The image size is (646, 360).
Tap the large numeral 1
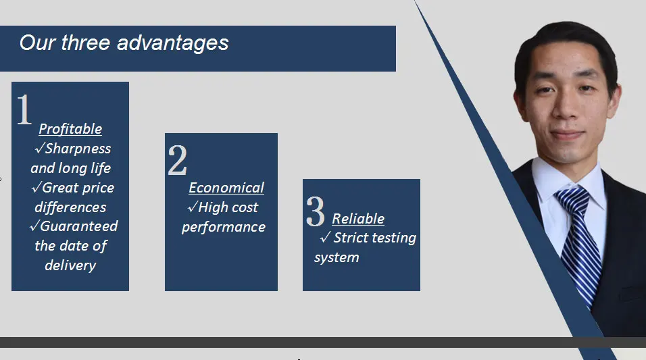(24, 109)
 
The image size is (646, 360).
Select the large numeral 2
(178, 160)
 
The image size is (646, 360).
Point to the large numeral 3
(316, 211)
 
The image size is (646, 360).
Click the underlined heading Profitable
(70, 129)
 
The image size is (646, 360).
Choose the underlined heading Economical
(226, 188)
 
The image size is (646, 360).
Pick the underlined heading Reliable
(358, 219)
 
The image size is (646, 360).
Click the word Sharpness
(78, 149)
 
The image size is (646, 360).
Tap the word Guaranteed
(78, 226)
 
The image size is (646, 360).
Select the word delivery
(70, 265)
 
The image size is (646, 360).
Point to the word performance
(224, 228)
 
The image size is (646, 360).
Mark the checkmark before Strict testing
(325, 237)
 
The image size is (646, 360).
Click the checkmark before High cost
(193, 207)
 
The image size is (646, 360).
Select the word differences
(70, 207)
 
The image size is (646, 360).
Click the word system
(337, 258)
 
